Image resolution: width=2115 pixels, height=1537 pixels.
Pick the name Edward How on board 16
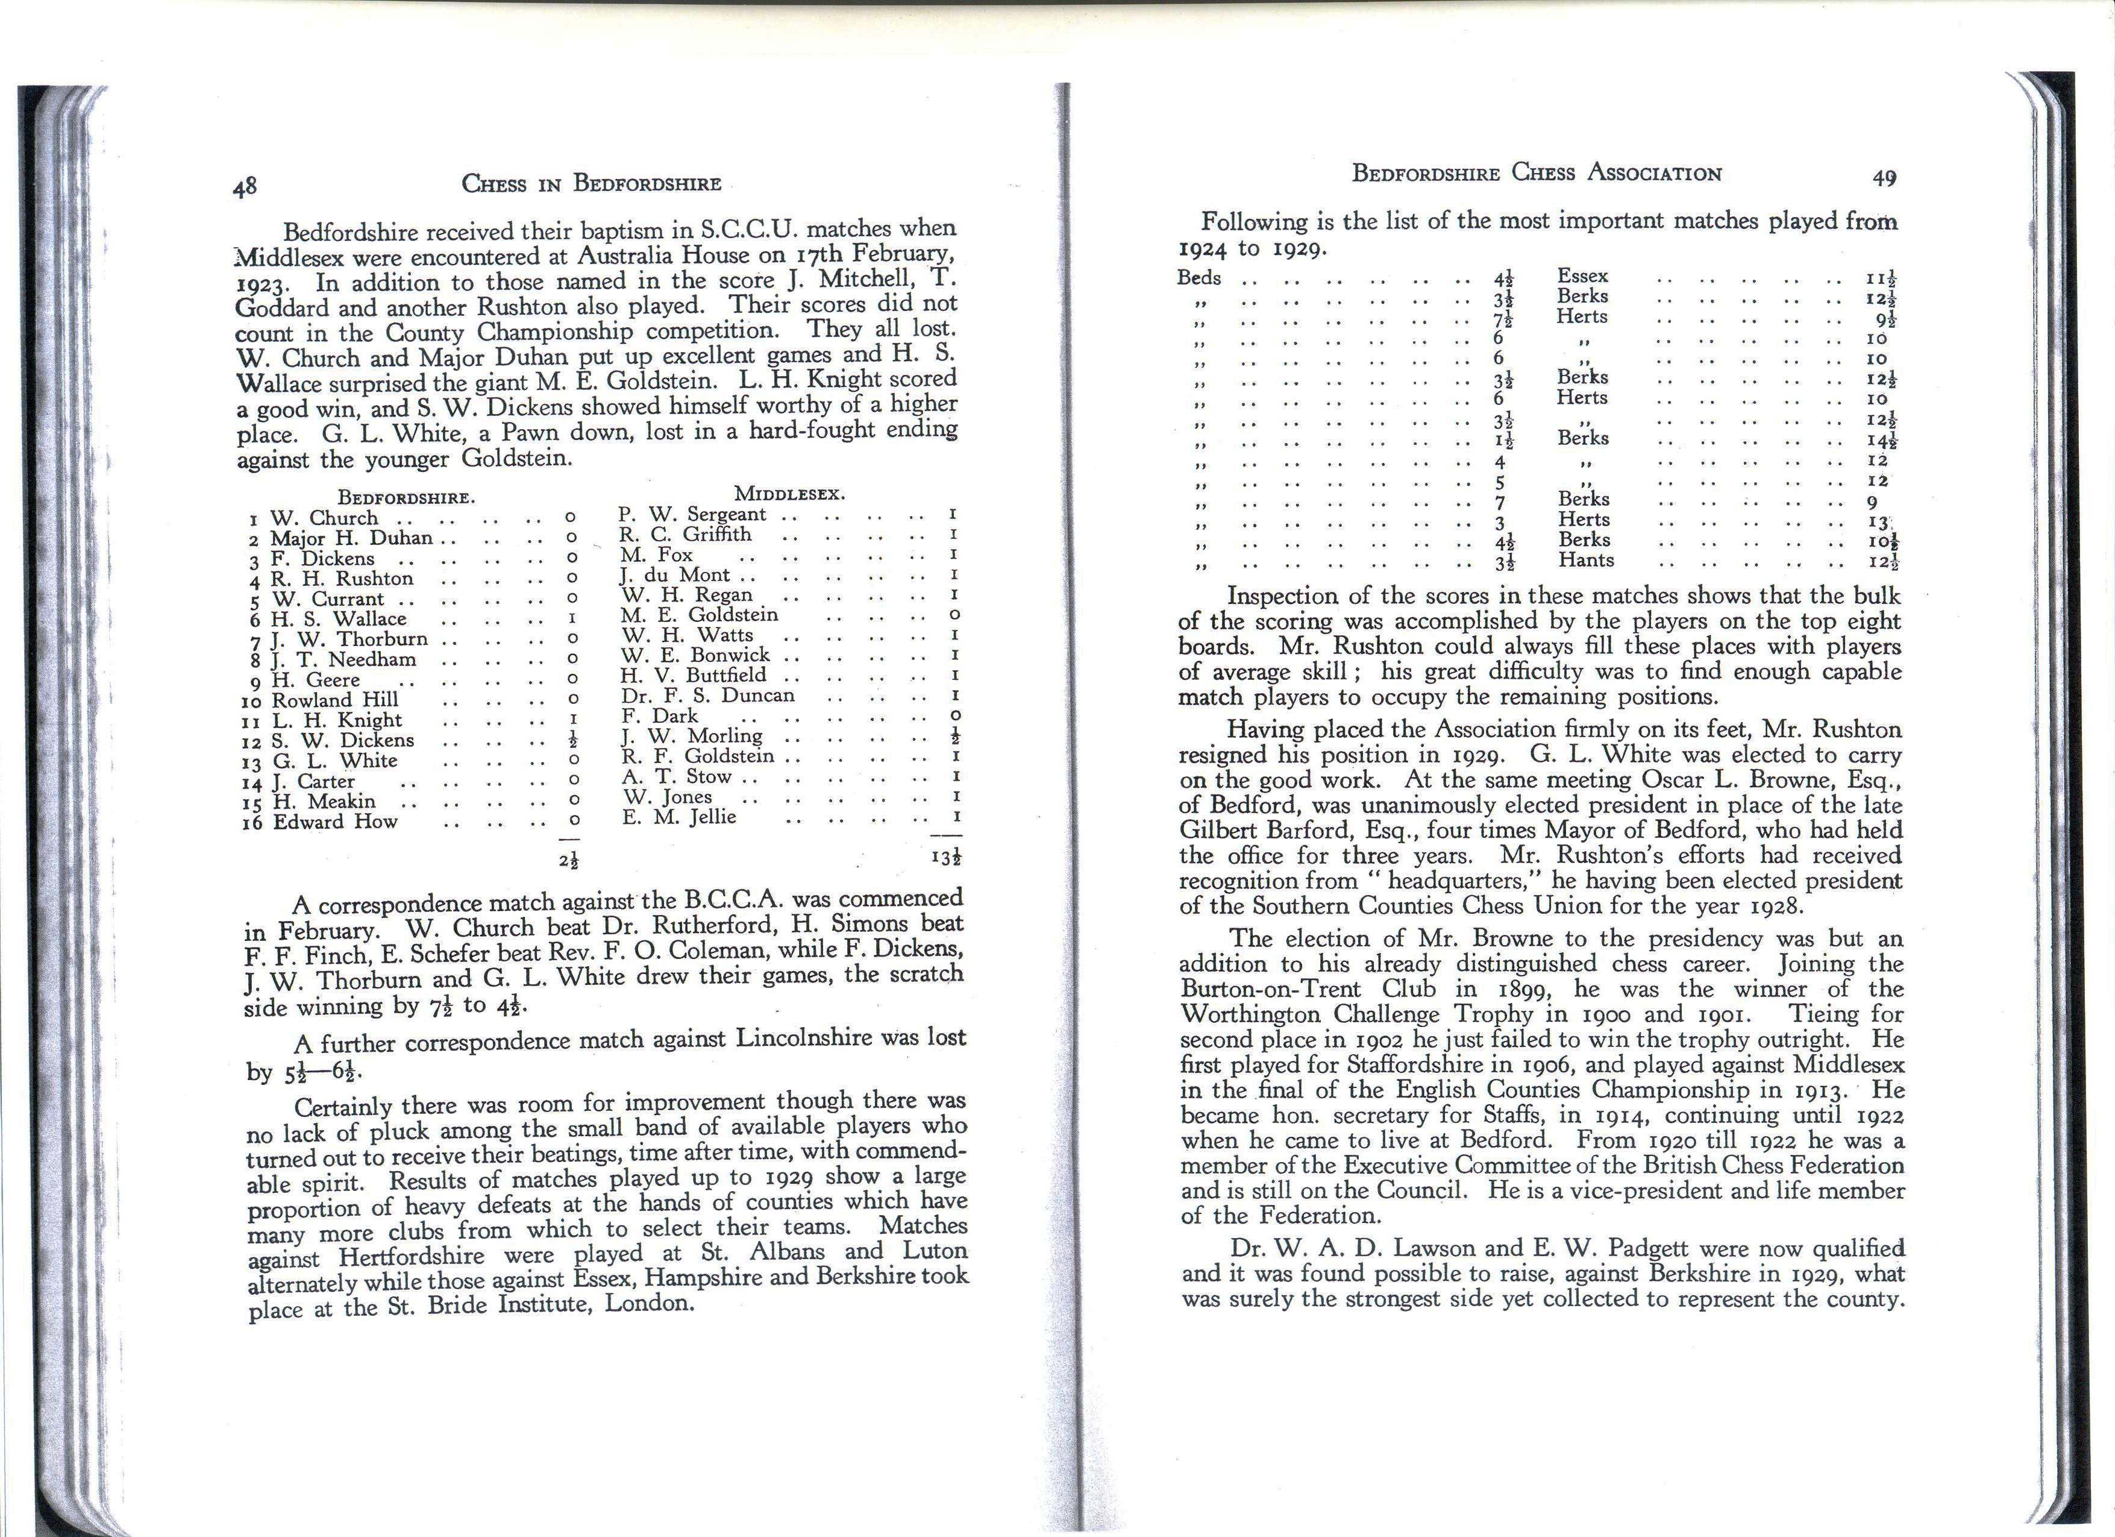pos(335,822)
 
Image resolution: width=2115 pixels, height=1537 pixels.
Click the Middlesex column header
pos(789,494)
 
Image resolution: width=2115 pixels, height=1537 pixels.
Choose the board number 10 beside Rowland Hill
pos(252,702)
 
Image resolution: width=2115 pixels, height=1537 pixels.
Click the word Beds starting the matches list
pos(1199,278)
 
